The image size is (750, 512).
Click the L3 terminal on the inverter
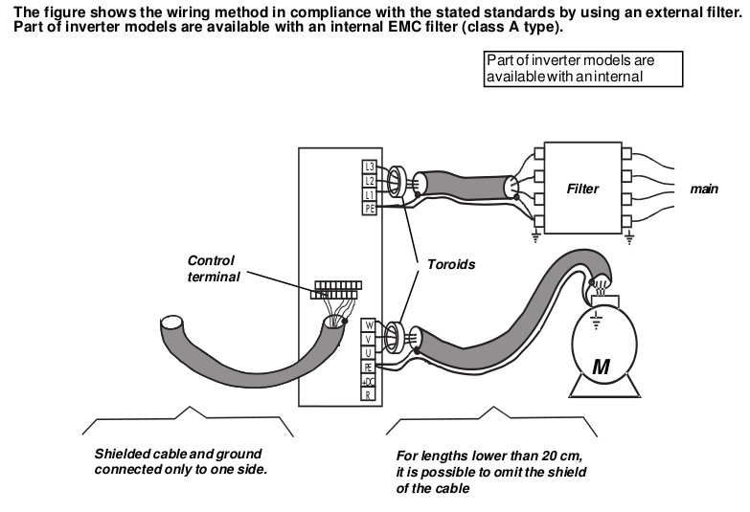[x=370, y=167]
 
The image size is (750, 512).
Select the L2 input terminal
[x=370, y=180]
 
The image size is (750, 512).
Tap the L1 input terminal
[x=370, y=193]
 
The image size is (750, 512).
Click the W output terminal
[x=368, y=325]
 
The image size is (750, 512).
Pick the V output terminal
[x=368, y=339]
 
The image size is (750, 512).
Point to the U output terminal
[x=368, y=352]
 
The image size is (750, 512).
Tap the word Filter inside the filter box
[x=582, y=189]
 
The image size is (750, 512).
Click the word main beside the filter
[x=704, y=189]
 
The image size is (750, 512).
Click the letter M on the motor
[x=601, y=366]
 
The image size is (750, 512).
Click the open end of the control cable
[x=174, y=327]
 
